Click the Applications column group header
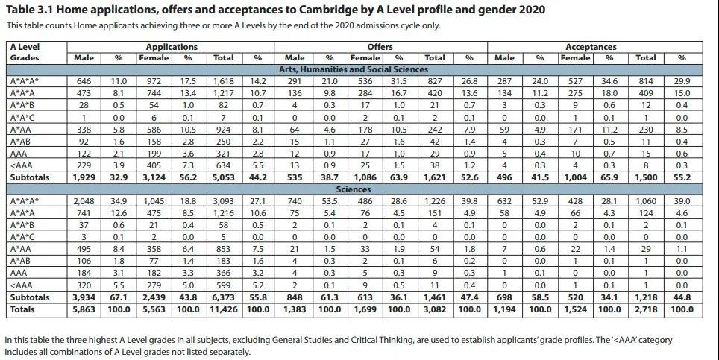(172, 46)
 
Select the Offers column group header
(380, 46)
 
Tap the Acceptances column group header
(591, 46)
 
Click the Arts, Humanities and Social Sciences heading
(380, 69)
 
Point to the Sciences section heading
(380, 189)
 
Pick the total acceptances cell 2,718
(645, 308)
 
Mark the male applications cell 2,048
(84, 202)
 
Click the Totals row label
(23, 308)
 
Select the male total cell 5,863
(84, 308)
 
